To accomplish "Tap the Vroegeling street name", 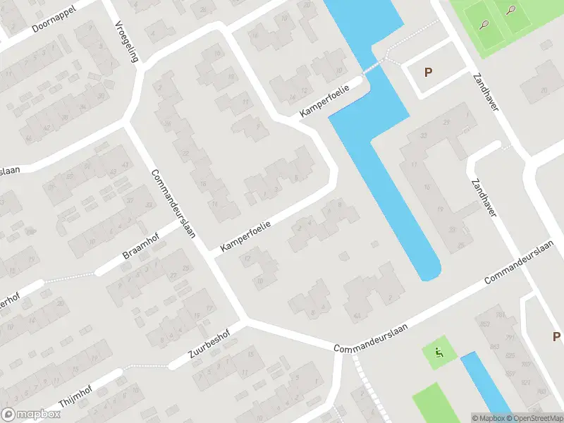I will coord(125,41).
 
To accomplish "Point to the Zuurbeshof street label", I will coord(210,348).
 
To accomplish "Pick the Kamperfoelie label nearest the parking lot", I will coord(326,102).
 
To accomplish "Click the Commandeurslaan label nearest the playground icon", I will coord(371,346).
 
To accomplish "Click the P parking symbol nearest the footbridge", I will coord(428,72).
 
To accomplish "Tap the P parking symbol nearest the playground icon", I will coord(556,337).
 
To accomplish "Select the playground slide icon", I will coord(439,354).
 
